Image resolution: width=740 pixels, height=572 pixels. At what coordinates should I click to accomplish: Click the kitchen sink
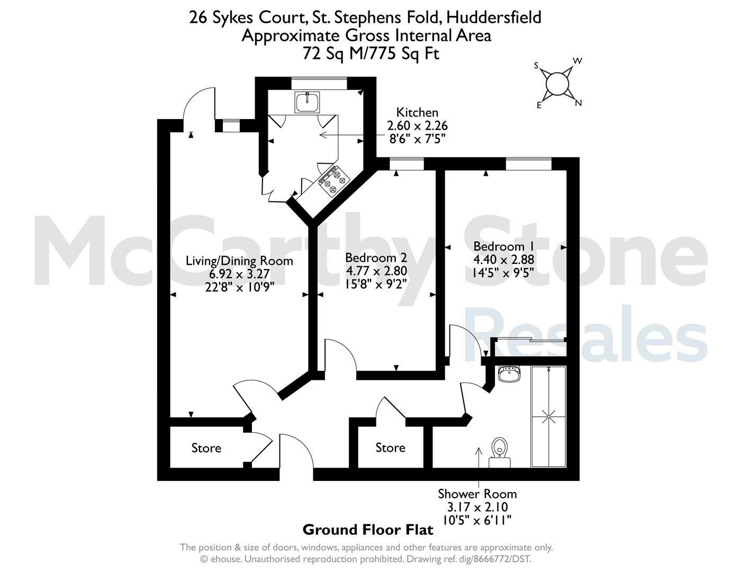pyautogui.click(x=307, y=102)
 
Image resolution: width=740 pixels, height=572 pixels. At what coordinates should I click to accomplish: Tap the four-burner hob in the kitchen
pyautogui.click(x=334, y=181)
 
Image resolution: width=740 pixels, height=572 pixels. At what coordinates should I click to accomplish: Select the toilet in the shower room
pyautogui.click(x=500, y=452)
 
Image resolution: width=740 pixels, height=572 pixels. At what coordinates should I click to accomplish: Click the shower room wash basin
pyautogui.click(x=509, y=374)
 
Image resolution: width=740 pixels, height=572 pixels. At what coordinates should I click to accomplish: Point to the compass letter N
pyautogui.click(x=578, y=103)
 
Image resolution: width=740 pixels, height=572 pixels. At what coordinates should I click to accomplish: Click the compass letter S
pyautogui.click(x=536, y=66)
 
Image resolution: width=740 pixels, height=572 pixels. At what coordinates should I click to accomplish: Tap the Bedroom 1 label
pyautogui.click(x=504, y=246)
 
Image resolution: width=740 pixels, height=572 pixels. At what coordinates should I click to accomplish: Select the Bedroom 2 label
pyautogui.click(x=376, y=257)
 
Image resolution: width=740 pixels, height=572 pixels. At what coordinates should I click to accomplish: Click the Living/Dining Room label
pyautogui.click(x=239, y=261)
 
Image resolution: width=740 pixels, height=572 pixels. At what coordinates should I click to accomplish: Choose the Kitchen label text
pyautogui.click(x=417, y=112)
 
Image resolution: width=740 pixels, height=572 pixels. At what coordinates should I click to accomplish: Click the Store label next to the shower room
pyautogui.click(x=390, y=448)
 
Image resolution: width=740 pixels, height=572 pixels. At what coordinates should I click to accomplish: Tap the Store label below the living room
pyautogui.click(x=206, y=448)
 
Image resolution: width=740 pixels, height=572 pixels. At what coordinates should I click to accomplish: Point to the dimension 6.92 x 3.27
pyautogui.click(x=239, y=274)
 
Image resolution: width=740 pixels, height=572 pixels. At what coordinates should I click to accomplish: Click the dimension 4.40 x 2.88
pyautogui.click(x=504, y=260)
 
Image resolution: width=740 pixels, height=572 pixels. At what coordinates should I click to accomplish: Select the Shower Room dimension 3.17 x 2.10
pyautogui.click(x=477, y=507)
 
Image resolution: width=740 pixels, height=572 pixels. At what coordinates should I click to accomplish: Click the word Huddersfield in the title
pyautogui.click(x=494, y=17)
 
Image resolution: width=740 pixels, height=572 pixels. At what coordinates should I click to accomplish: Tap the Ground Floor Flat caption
pyautogui.click(x=368, y=530)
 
